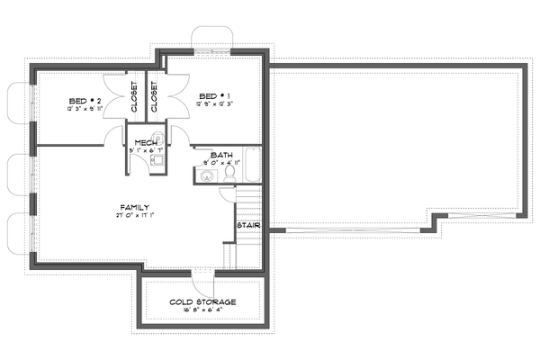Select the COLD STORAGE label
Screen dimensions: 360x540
pos(202,301)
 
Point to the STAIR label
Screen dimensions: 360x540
pos(248,225)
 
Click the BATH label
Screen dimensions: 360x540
pos(221,154)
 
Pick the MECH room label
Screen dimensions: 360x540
pos(147,142)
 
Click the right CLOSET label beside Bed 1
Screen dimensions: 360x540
pos(154,97)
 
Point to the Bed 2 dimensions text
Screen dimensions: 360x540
pos(84,108)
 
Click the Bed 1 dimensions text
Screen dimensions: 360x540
pos(214,104)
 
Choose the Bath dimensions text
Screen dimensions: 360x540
pos(221,163)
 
